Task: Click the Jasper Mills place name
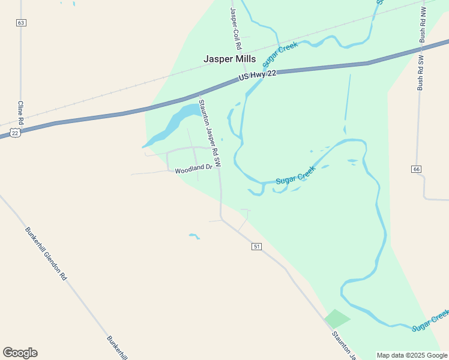[229, 59]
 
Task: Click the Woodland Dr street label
[193, 170]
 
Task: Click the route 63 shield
[21, 23]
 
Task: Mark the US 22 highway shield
[15, 131]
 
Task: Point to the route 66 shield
[417, 169]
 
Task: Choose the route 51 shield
[256, 247]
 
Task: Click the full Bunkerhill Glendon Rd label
[46, 254]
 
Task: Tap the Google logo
[20, 352]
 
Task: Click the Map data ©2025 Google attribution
[412, 355]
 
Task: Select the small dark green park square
[337, 319]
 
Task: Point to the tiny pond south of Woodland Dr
[194, 236]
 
